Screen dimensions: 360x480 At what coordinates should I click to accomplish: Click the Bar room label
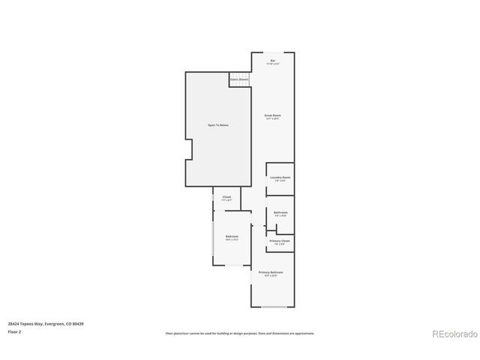pos(274,60)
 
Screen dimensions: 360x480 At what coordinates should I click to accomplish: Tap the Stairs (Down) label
pos(239,79)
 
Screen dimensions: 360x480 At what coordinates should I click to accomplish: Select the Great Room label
pos(272,115)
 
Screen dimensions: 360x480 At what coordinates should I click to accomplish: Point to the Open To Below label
pos(218,124)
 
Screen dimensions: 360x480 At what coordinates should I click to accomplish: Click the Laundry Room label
pos(280,177)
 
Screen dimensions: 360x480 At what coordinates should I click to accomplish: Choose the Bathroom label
pos(280,212)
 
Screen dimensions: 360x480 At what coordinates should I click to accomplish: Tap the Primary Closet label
pos(280,241)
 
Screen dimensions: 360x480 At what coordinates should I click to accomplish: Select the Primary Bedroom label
pos(268,272)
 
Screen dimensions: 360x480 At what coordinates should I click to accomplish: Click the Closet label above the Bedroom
pos(226,196)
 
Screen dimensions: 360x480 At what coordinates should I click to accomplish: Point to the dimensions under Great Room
pos(272,118)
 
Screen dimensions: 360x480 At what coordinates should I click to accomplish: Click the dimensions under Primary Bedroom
pos(268,275)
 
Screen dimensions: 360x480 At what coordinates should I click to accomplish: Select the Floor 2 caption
pos(15,331)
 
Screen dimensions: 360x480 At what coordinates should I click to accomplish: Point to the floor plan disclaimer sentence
pos(240,333)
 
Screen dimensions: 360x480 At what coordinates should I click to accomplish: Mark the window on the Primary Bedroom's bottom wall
pos(273,307)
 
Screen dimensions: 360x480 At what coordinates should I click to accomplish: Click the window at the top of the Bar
pos(273,52)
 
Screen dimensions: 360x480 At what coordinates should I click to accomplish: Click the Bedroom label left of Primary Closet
pos(231,236)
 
